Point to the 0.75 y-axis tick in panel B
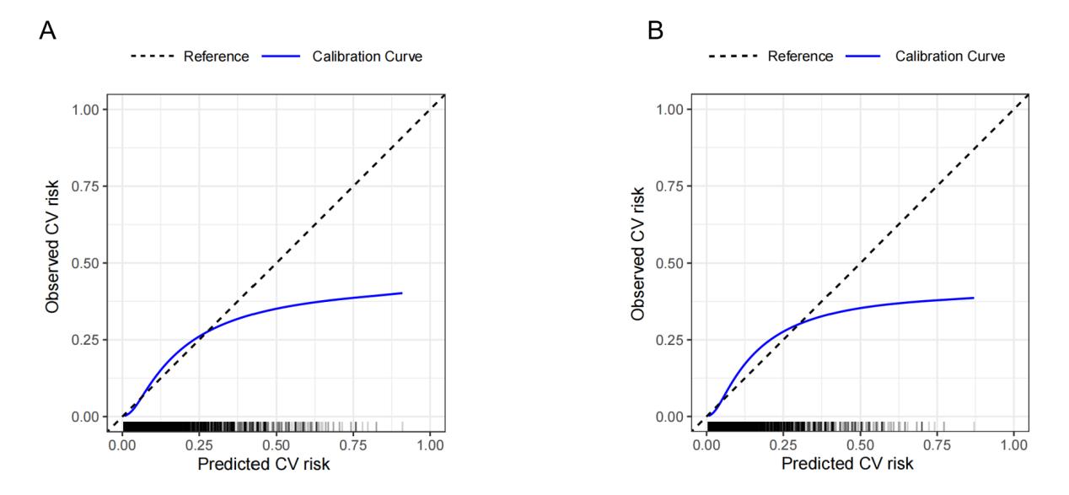coord(674,186)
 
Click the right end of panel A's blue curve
coord(401,293)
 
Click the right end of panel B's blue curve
coord(973,298)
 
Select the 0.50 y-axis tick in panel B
coord(674,263)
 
